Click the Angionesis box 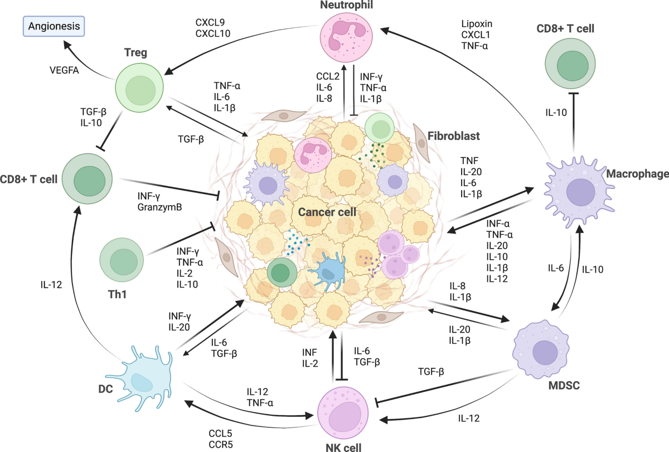pyautogui.click(x=54, y=26)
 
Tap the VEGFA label pyautogui.click(x=64, y=70)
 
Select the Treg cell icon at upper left pyautogui.click(x=139, y=88)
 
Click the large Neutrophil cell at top pyautogui.click(x=346, y=37)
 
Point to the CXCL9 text pyautogui.click(x=210, y=22)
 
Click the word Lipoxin pyautogui.click(x=477, y=24)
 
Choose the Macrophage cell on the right pyautogui.click(x=579, y=192)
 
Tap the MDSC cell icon pyautogui.click(x=541, y=349)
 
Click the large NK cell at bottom pyautogui.click(x=343, y=413)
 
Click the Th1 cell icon pyautogui.click(x=122, y=260)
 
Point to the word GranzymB pyautogui.click(x=160, y=207)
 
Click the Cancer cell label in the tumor pyautogui.click(x=327, y=212)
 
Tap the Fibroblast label pyautogui.click(x=454, y=136)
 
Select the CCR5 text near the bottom pyautogui.click(x=220, y=445)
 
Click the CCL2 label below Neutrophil pyautogui.click(x=328, y=76)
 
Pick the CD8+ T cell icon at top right pyautogui.click(x=570, y=64)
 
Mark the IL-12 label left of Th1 pyautogui.click(x=51, y=285)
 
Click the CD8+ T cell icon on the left pyautogui.click(x=87, y=179)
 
